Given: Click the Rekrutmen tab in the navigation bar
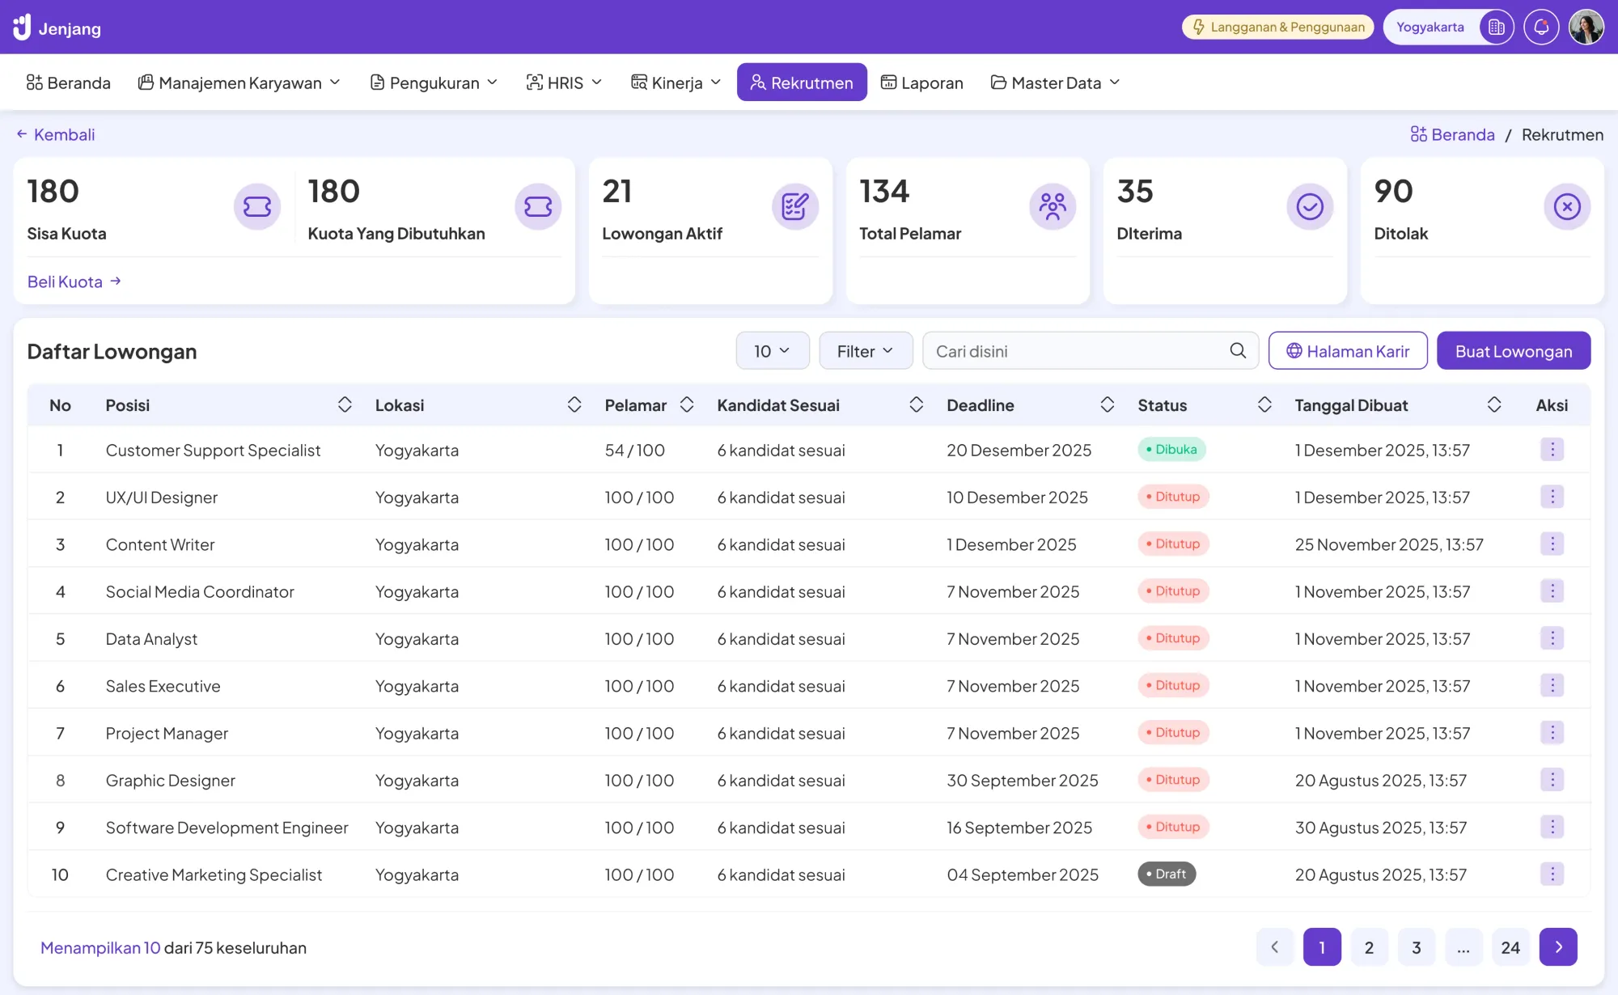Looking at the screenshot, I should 801,83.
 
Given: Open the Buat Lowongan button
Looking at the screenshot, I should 1513,351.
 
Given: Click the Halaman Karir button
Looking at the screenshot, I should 1347,351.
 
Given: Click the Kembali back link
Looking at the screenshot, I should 56,134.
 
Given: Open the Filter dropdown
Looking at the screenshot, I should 865,351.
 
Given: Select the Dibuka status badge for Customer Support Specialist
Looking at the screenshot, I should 1171,450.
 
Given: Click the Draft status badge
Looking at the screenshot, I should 1166,874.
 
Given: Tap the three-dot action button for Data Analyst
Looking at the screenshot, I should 1551,638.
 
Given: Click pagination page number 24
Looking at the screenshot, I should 1510,947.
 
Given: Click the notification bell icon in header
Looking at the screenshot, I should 1540,28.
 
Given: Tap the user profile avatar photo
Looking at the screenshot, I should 1586,28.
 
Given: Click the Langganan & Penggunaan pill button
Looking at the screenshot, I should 1277,28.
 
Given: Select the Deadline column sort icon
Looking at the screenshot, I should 1107,405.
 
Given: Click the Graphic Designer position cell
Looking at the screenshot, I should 171,781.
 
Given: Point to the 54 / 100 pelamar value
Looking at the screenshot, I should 634,451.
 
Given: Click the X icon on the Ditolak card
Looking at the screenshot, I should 1566,207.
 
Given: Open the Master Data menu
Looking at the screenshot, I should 1055,83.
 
